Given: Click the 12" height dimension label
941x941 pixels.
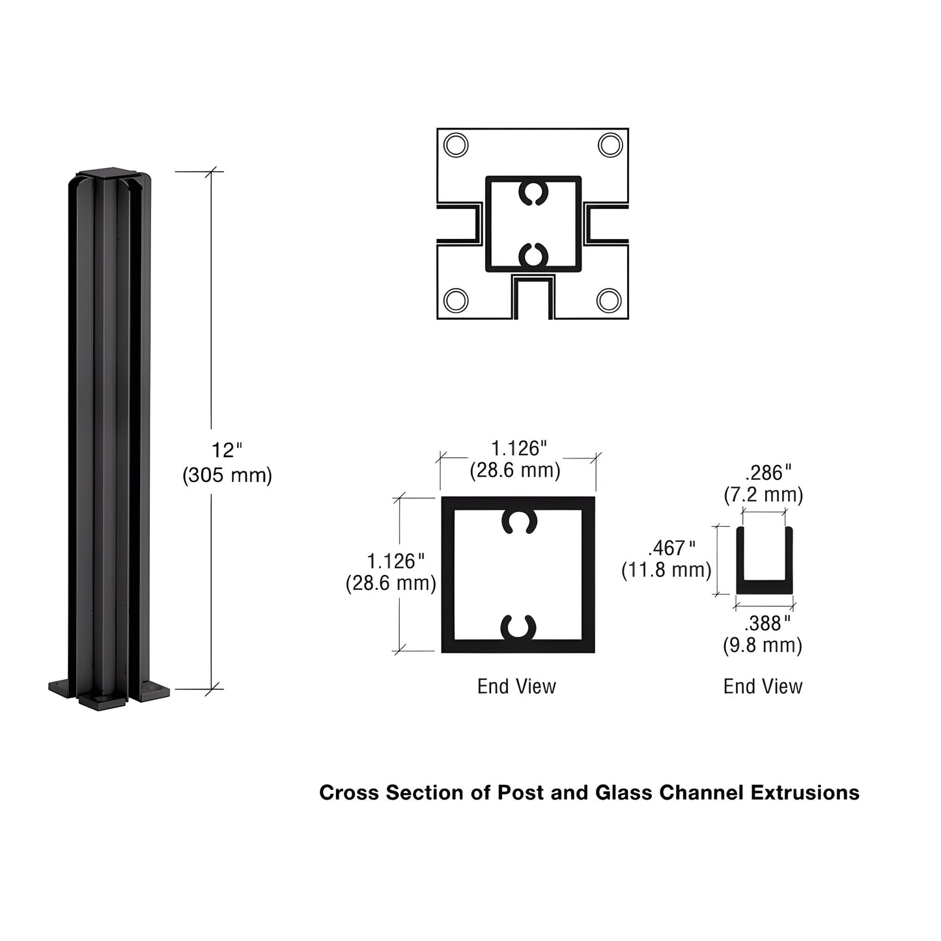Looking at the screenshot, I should pyautogui.click(x=227, y=450).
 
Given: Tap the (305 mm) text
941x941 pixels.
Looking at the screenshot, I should pyautogui.click(x=227, y=475).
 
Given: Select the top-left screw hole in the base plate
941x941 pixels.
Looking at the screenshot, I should pyautogui.click(x=455, y=145).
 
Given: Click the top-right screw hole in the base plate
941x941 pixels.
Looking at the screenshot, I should pyautogui.click(x=610, y=145).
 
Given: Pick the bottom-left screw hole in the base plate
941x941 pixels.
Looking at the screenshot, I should pyautogui.click(x=455, y=300).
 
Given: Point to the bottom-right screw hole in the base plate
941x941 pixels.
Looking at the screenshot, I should pyautogui.click(x=609, y=300).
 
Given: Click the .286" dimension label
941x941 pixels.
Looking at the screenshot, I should pyautogui.click(x=768, y=472).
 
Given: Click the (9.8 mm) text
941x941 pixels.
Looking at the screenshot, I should pyautogui.click(x=763, y=645).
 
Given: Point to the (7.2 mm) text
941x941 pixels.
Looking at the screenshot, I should pyautogui.click(x=763, y=495).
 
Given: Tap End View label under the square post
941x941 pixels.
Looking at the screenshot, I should pyautogui.click(x=516, y=686).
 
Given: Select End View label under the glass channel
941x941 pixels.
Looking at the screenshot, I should pyautogui.click(x=763, y=686).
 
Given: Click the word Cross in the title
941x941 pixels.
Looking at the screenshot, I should pyautogui.click(x=348, y=793).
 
